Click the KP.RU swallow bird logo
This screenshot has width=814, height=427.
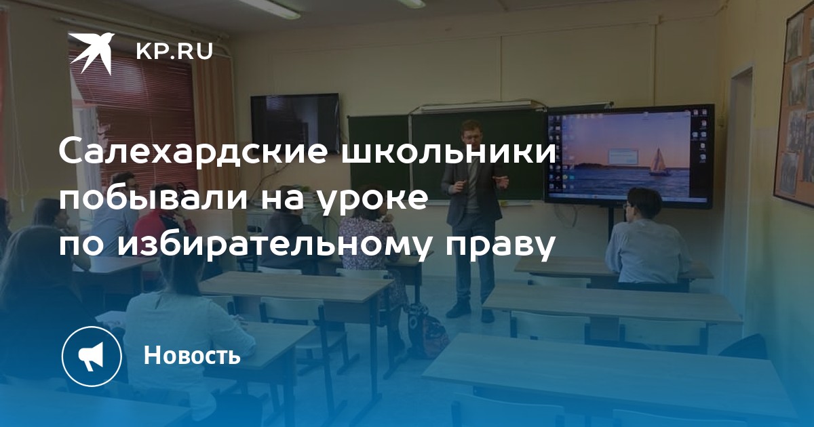pos(91,53)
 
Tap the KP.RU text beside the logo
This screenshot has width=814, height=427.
pos(174,52)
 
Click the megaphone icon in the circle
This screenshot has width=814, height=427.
pos(92,357)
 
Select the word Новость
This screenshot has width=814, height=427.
pos(192,354)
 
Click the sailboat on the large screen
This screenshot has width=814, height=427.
pos(659,162)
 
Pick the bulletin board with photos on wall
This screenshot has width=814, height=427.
pos(794,105)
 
